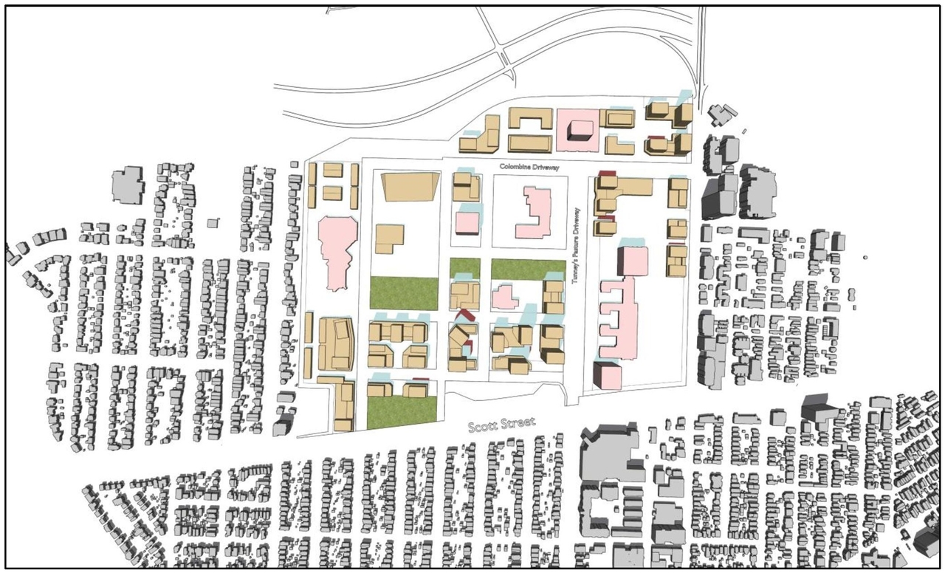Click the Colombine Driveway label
(529, 168)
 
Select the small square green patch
(465, 268)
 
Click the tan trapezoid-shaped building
(408, 187)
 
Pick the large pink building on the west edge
(337, 250)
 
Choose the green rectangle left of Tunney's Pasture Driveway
(528, 269)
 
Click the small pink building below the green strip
(506, 297)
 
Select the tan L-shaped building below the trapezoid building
(389, 240)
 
